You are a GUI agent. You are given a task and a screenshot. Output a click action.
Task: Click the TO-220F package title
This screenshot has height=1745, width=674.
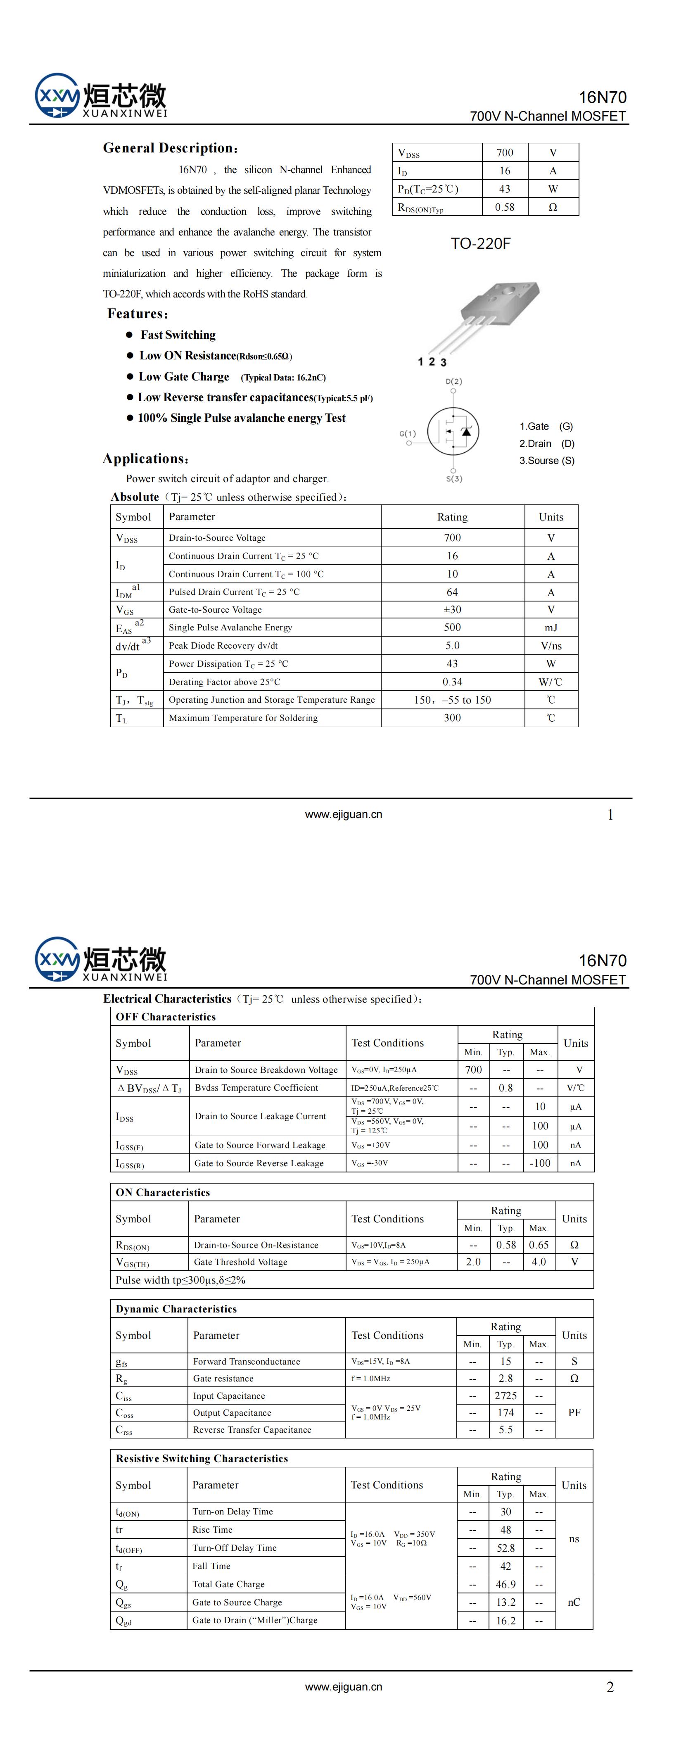pyautogui.click(x=480, y=243)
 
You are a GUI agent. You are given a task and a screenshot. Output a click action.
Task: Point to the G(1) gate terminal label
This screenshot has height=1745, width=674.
pyautogui.click(x=408, y=433)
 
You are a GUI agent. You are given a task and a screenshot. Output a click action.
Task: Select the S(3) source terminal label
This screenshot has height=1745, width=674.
pyautogui.click(x=454, y=479)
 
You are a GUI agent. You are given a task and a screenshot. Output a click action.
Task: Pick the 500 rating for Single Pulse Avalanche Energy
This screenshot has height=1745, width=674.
pyautogui.click(x=452, y=627)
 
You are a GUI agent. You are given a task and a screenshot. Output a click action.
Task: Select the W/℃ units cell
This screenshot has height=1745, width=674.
pyautogui.click(x=551, y=682)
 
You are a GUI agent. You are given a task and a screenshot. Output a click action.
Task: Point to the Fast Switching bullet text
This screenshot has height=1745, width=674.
pyautogui.click(x=178, y=335)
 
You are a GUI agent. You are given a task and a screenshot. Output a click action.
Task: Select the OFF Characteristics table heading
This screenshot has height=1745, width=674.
pyautogui.click(x=166, y=1017)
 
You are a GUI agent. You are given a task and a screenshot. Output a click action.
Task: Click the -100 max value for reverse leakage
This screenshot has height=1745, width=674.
pyautogui.click(x=540, y=1163)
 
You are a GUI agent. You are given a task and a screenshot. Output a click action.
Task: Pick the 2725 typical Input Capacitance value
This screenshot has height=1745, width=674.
pyautogui.click(x=505, y=1396)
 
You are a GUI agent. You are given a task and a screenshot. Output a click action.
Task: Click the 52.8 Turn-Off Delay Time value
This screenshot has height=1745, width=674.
pyautogui.click(x=505, y=1548)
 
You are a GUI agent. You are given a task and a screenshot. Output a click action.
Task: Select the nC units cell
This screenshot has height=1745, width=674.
pyautogui.click(x=574, y=1602)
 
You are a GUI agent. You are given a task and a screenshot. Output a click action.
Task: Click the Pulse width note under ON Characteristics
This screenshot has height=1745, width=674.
pyautogui.click(x=180, y=1279)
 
